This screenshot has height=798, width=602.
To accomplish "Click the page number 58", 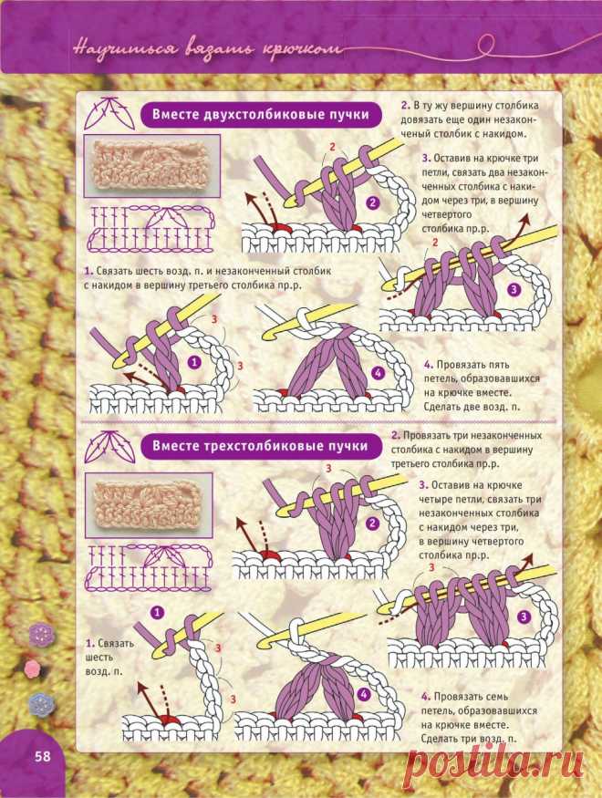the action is pyautogui.click(x=43, y=756).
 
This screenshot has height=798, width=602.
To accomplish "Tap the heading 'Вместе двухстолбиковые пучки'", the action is pyautogui.click(x=261, y=115).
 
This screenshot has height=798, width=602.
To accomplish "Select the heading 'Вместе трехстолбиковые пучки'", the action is pyautogui.click(x=260, y=446).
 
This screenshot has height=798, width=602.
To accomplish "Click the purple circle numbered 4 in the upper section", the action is pyautogui.click(x=377, y=374).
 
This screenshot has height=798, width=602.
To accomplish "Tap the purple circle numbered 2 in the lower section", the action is pyautogui.click(x=374, y=523).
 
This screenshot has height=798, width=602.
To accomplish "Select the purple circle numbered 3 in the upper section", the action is pyautogui.click(x=514, y=290).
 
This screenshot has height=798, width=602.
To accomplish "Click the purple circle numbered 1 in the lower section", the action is pyautogui.click(x=157, y=612).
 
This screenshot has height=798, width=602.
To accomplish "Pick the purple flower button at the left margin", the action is pyautogui.click(x=41, y=634).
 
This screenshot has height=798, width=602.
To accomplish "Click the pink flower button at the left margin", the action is pyautogui.click(x=32, y=668).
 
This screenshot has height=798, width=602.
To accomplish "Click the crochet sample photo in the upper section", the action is pyautogui.click(x=151, y=166).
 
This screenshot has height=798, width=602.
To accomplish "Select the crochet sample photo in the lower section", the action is pyautogui.click(x=149, y=505).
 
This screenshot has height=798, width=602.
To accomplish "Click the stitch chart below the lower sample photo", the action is pyautogui.click(x=149, y=568).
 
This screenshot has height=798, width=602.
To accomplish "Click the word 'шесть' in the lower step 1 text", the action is pyautogui.click(x=99, y=658).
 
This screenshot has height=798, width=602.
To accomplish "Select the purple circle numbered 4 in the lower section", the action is pyautogui.click(x=363, y=695).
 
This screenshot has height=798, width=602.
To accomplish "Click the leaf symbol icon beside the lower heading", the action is pyautogui.click(x=109, y=446).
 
